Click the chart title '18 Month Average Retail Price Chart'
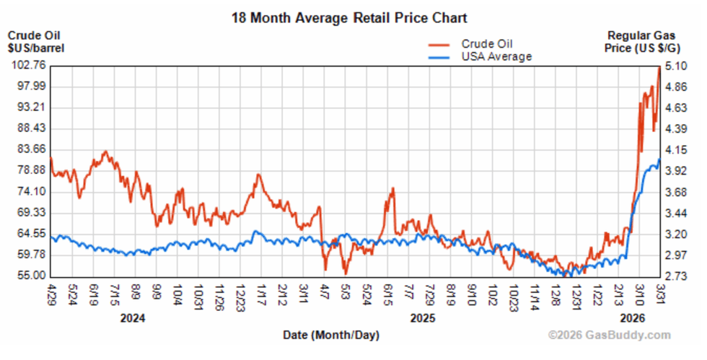(348, 17)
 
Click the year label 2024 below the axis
(134, 317)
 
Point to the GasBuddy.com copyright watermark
(610, 335)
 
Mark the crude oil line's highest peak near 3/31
(658, 69)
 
